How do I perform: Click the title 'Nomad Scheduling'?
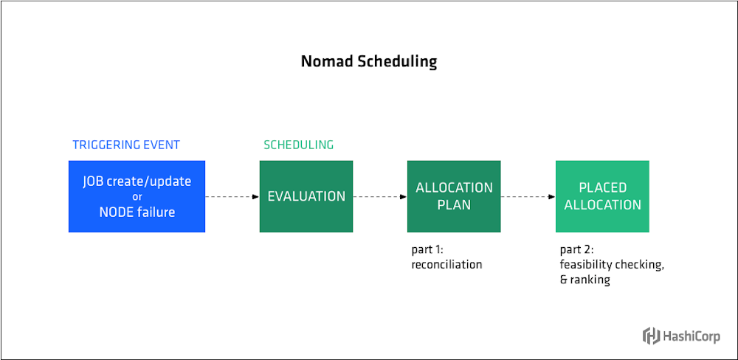[368, 61]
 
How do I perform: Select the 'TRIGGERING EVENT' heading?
[126, 145]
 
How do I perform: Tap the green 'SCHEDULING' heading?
[298, 145]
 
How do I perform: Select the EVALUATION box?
[306, 196]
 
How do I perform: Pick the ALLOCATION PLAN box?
[454, 196]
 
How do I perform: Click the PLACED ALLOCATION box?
[602, 196]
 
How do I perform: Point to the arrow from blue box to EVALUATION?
[232, 197]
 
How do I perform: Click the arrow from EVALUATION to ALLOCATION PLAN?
[379, 197]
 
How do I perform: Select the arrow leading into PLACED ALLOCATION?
[528, 197]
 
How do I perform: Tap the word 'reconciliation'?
[446, 264]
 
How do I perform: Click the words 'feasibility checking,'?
[612, 265]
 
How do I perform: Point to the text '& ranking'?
[585, 280]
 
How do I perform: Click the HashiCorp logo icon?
[651, 336]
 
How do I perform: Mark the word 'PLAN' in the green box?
[454, 205]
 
